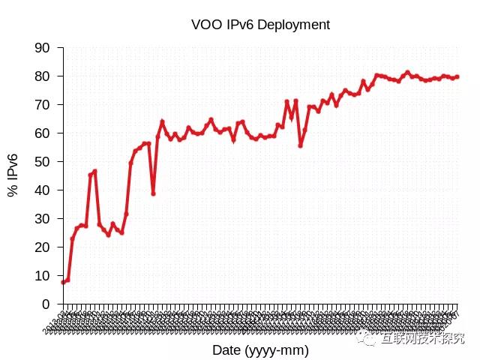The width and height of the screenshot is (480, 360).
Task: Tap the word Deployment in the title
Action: point(295,25)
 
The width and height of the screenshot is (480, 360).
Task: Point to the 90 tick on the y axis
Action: point(43,48)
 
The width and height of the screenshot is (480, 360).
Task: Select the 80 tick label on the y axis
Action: point(43,76)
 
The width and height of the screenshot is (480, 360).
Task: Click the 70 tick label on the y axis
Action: point(43,105)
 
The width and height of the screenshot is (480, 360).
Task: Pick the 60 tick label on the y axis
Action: point(43,133)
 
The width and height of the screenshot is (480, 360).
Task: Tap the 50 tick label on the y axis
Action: point(43,162)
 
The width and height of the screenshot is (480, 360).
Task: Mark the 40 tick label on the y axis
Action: point(43,190)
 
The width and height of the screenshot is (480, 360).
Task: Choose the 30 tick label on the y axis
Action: point(43,219)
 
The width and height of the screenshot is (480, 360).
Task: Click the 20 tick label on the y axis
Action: point(43,247)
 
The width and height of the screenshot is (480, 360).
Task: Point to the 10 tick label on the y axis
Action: point(43,276)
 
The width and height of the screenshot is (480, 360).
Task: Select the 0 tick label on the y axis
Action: point(46,304)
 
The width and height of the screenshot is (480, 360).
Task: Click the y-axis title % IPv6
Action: point(13,175)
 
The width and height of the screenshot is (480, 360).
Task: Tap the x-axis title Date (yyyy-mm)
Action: point(260,350)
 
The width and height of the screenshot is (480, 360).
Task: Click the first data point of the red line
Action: point(63,282)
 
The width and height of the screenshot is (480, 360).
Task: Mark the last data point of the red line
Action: point(457,76)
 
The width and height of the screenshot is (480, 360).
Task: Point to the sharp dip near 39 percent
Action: point(153,193)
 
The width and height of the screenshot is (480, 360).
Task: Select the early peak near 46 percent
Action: point(94,171)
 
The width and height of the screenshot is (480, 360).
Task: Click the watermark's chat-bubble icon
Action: point(367,339)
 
